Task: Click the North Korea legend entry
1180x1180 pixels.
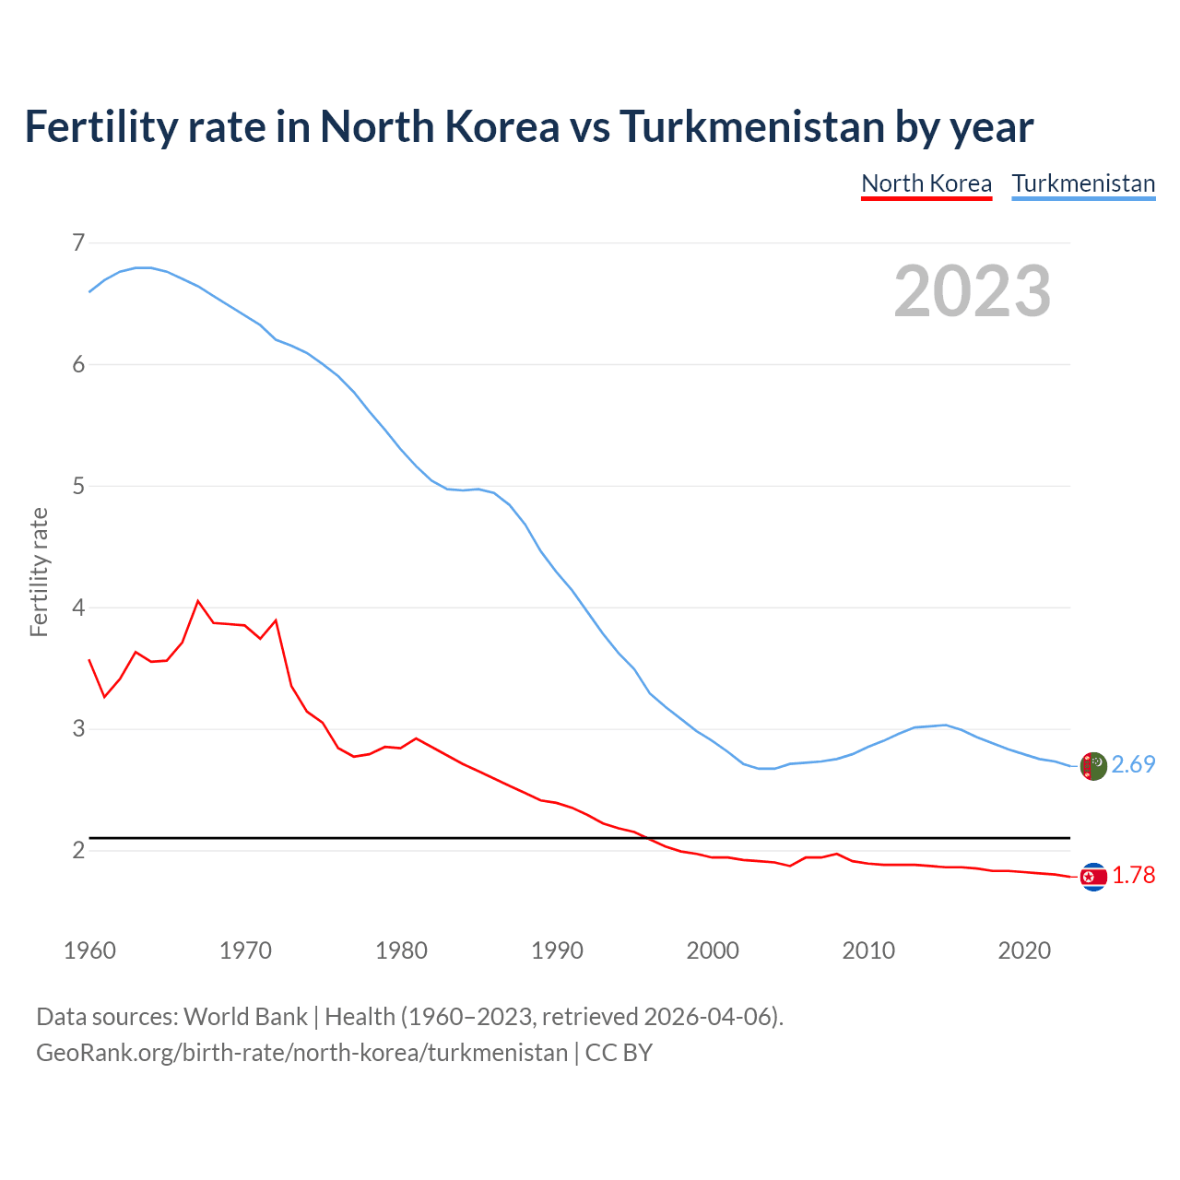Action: tap(926, 183)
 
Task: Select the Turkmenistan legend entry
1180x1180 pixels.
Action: tap(1083, 183)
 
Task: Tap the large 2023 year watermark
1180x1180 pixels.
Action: tap(973, 291)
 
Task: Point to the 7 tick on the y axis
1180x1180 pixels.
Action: tap(78, 242)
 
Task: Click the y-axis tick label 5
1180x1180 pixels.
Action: tap(78, 486)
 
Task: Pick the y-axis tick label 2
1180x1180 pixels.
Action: tap(78, 850)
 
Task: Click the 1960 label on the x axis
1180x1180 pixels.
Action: tap(89, 950)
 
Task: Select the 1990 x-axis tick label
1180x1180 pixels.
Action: tap(557, 950)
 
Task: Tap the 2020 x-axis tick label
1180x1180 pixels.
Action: tap(1024, 950)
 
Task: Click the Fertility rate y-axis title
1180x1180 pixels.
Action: tap(39, 572)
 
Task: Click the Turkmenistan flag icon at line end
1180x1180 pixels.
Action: tap(1092, 766)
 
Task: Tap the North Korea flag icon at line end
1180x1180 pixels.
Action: tap(1092, 876)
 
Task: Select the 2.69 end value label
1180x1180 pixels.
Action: tap(1133, 765)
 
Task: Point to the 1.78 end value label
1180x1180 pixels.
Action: tap(1133, 876)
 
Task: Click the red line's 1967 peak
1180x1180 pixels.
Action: tap(198, 601)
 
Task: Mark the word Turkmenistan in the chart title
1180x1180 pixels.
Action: tap(751, 126)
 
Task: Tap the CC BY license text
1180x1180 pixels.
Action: tap(619, 1053)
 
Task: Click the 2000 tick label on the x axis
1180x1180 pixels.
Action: tap(713, 950)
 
